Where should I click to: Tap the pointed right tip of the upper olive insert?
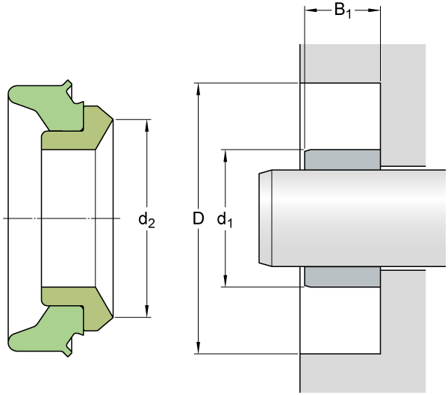110,119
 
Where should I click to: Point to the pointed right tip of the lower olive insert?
110,317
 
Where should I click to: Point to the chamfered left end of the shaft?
265,218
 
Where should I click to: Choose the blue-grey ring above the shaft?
342,159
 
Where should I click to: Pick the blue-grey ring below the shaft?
342,276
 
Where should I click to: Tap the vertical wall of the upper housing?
403,105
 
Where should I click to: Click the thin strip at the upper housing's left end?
302,63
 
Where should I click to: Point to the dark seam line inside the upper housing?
381,63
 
